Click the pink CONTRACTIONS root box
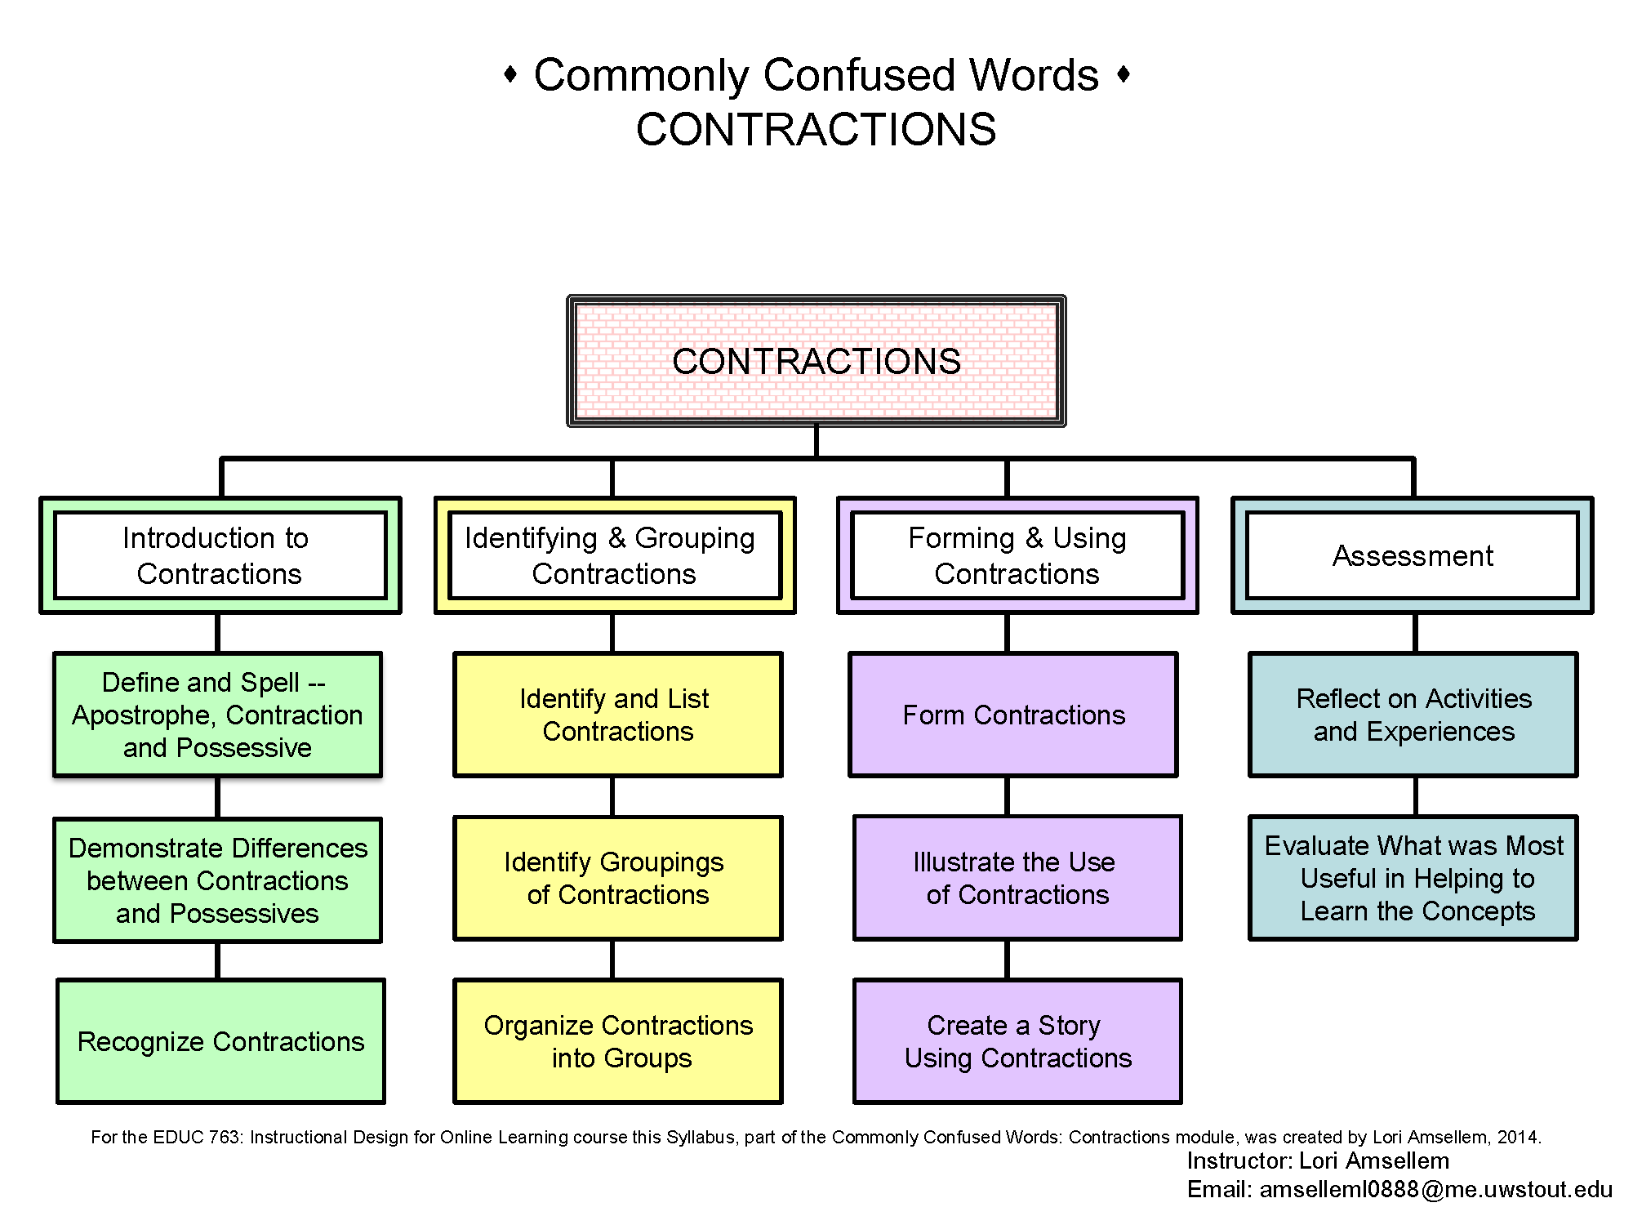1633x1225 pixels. coord(816,361)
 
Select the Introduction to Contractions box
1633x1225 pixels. coord(220,555)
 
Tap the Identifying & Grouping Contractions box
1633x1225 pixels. coord(615,555)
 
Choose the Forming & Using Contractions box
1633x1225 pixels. coord(1017,555)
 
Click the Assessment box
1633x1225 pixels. coord(1413,555)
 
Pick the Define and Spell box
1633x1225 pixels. coord(218,715)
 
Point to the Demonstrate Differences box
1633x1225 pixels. coord(218,880)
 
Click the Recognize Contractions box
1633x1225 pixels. coord(220,1041)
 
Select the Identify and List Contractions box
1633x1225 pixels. coord(618,715)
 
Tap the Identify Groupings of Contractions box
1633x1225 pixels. coord(618,878)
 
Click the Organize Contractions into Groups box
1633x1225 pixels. coord(618,1041)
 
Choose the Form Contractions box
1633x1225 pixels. coord(1013,715)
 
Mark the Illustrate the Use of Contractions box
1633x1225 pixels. coord(1017,878)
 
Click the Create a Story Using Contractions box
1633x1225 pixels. coord(1017,1041)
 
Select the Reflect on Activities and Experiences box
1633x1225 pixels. coord(1413,715)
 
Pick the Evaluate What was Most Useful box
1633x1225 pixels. coord(1413,878)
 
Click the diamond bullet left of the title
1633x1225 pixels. coord(510,74)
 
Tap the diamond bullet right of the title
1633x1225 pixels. coord(1124,74)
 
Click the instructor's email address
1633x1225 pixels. coord(1435,1189)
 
